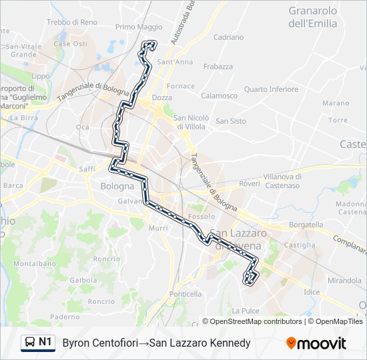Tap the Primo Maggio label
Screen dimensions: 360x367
point(139,27)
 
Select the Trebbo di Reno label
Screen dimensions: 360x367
point(72,22)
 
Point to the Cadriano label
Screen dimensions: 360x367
point(228,37)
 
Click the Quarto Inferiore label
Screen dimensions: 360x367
point(271,89)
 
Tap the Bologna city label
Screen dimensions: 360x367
point(117,186)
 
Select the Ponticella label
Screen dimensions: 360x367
point(186,294)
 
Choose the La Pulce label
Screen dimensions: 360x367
point(245,311)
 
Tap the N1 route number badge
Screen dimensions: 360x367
point(45,343)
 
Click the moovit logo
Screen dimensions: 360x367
point(316,343)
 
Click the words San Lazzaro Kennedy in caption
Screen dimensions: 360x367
point(200,343)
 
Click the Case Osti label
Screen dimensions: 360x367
point(70,44)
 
